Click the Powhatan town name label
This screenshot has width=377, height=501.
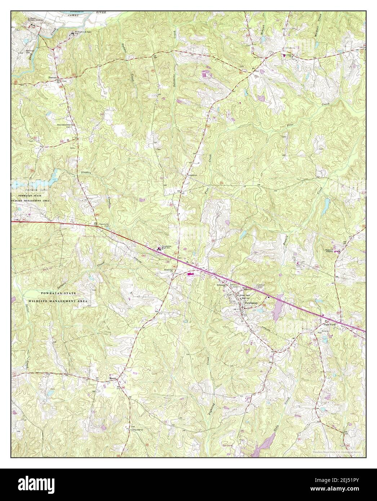point(251,303)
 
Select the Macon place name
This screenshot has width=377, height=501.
point(113,378)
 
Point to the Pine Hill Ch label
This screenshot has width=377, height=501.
point(138,430)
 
